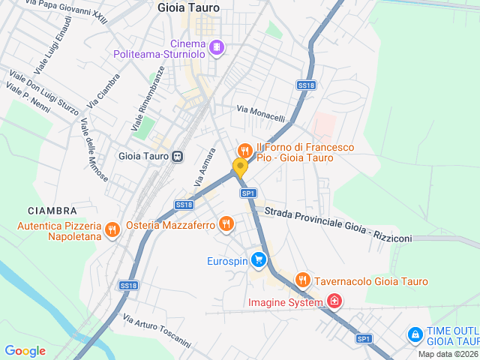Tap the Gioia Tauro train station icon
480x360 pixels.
(x=178, y=157)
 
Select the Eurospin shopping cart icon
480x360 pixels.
(x=259, y=261)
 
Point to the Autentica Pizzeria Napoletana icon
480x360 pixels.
(x=112, y=229)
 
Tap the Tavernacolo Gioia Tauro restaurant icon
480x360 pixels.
(x=302, y=280)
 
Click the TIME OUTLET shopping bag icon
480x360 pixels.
(x=414, y=334)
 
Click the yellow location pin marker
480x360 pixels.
(x=240, y=168)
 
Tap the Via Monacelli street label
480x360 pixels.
(x=261, y=113)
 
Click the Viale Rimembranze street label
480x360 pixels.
(x=148, y=98)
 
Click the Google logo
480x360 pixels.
(x=25, y=350)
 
